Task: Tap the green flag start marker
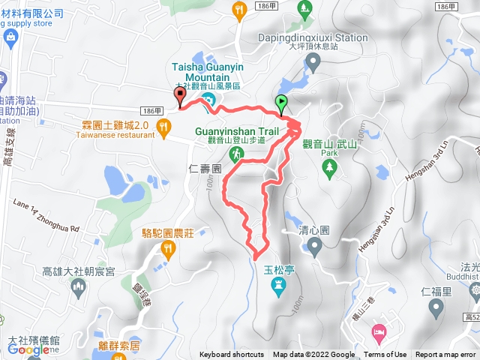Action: (x=281, y=103)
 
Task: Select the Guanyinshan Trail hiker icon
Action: (x=237, y=154)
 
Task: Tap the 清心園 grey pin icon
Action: (x=313, y=247)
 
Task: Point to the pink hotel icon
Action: (x=379, y=331)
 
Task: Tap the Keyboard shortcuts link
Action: (x=231, y=355)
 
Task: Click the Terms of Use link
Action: (x=385, y=355)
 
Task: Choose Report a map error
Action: (x=446, y=355)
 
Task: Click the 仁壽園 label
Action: (x=205, y=169)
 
